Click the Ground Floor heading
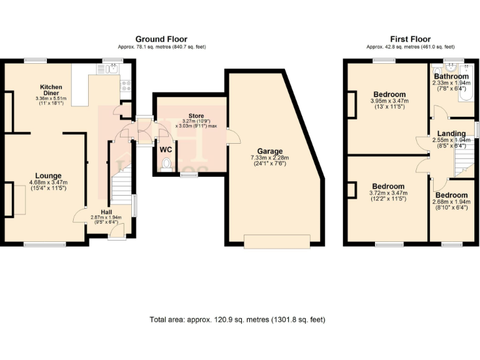click(x=161, y=39)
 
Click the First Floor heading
click(x=410, y=39)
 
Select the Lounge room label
click(x=47, y=176)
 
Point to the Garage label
click(x=270, y=151)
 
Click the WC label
click(x=166, y=150)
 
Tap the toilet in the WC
click(x=166, y=164)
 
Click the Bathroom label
click(x=451, y=76)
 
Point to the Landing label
click(x=451, y=134)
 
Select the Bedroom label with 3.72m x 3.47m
click(x=388, y=187)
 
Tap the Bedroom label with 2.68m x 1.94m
click(x=451, y=196)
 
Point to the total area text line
click(x=237, y=319)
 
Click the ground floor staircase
click(x=121, y=187)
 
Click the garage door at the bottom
click(x=277, y=241)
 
